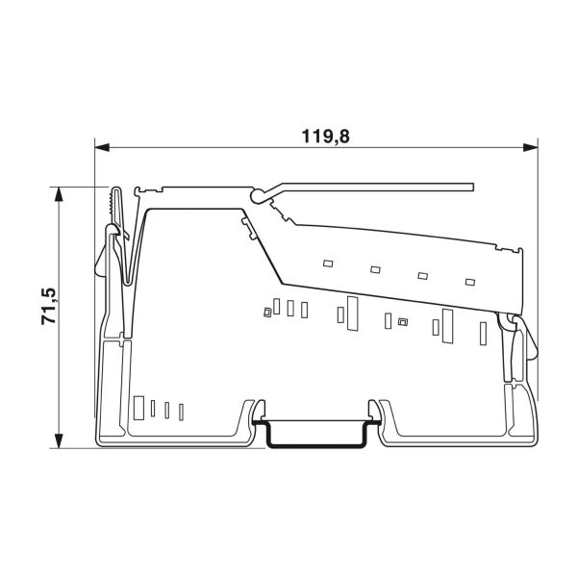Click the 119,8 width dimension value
[325, 137]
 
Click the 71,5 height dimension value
[49, 306]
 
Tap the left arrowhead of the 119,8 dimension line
[102, 147]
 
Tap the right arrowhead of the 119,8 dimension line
[530, 147]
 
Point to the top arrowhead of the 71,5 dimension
[59, 194]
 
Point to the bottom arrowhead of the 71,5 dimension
[59, 440]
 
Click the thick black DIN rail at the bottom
[315, 446]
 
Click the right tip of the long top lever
[473, 188]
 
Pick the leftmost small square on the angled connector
[328, 263]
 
